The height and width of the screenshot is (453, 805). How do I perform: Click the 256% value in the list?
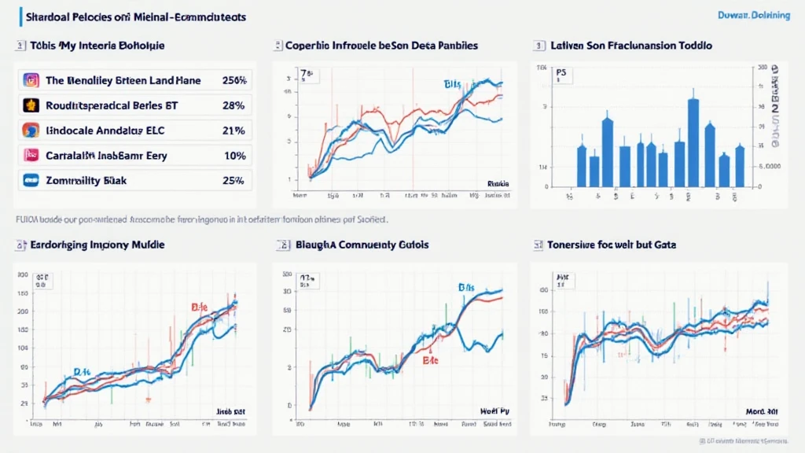(235, 80)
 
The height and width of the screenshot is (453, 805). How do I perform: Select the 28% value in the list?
(235, 105)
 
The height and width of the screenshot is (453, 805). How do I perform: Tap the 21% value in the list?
(235, 131)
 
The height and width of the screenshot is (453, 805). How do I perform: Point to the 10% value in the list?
(235, 156)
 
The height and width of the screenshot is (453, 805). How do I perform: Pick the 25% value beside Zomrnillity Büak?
(235, 181)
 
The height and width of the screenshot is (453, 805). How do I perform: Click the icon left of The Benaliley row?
(31, 80)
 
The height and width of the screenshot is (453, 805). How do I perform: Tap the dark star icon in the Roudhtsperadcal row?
(31, 105)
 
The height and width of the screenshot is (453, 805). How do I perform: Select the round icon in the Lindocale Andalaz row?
(31, 131)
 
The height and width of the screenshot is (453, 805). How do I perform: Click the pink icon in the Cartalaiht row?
(31, 156)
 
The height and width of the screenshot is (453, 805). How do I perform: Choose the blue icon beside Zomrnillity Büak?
(31, 181)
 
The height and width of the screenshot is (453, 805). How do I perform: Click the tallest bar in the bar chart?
(693, 142)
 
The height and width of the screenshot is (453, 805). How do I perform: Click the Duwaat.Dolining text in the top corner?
(754, 16)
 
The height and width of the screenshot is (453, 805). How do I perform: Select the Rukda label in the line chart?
(498, 184)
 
